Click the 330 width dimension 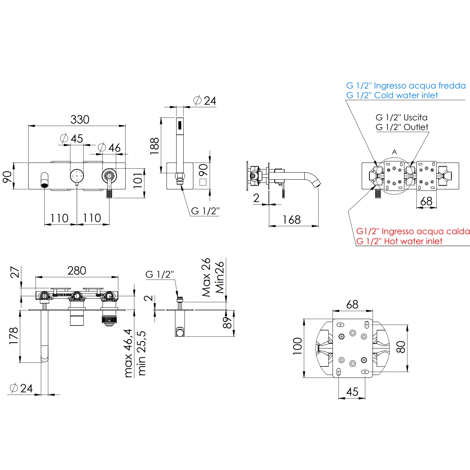click(80, 119)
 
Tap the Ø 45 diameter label click(72, 139)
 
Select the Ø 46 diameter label click(109, 148)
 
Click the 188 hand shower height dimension click(154, 146)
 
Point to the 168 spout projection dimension click(292, 220)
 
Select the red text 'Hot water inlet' click(399, 241)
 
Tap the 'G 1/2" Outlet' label click(402, 127)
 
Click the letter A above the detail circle click(394, 152)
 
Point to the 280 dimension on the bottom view click(77, 271)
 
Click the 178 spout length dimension click(14, 336)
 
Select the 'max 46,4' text click(129, 353)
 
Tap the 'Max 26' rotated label click(206, 277)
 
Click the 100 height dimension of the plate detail click(298, 346)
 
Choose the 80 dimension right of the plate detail click(401, 347)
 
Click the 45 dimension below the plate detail click(352, 392)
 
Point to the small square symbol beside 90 click(203, 182)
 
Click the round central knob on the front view click(77, 176)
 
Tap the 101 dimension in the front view click(138, 180)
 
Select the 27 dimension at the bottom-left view click(15, 272)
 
